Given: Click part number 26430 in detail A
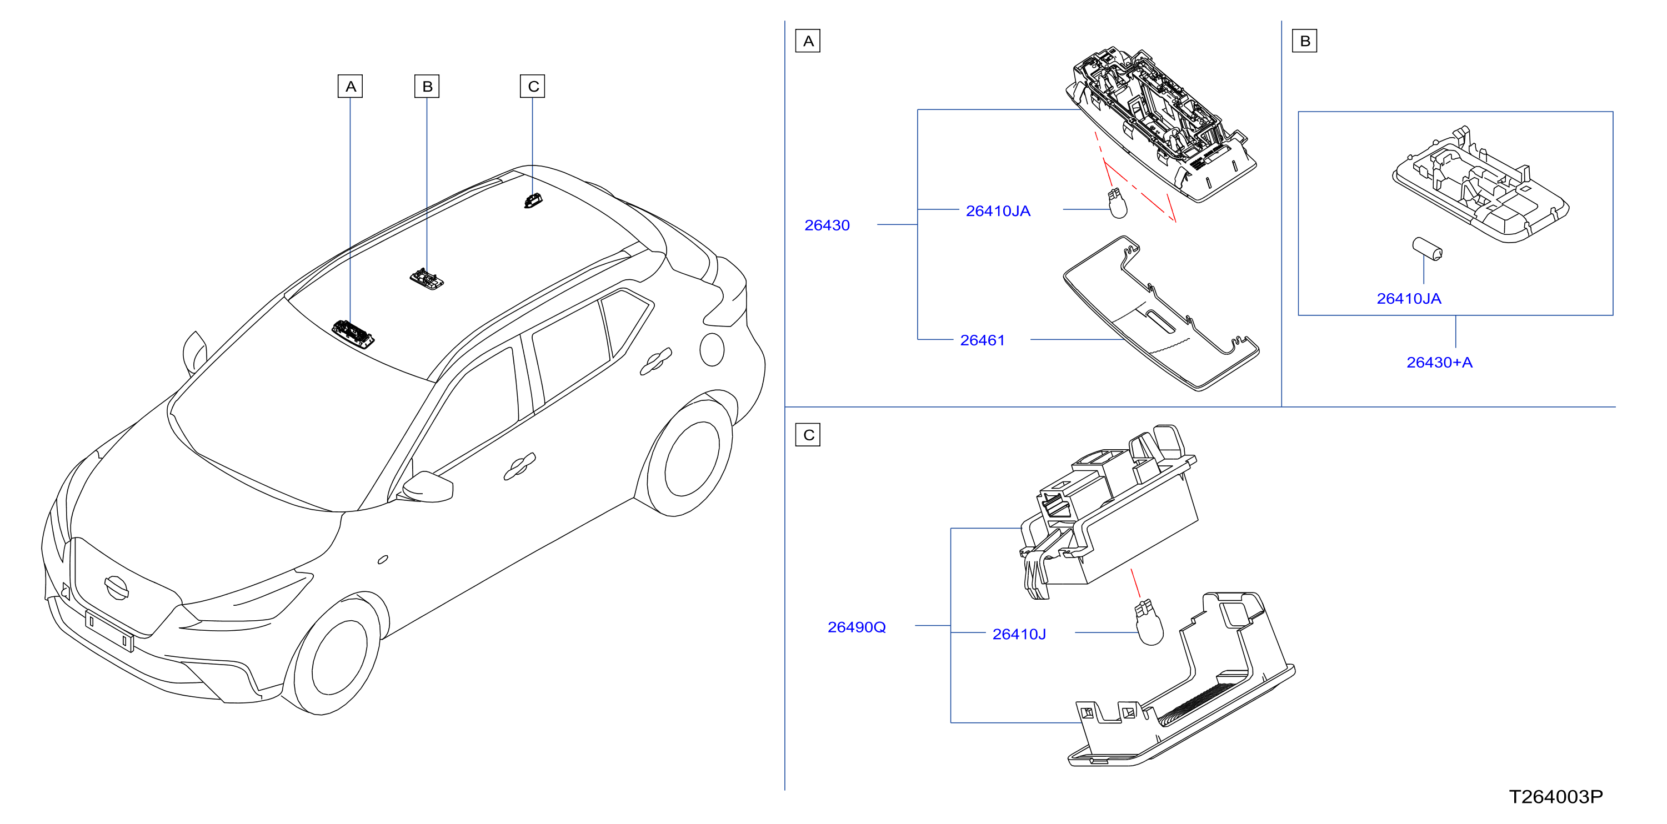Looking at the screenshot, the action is click(x=827, y=225).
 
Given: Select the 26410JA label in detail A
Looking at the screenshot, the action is click(x=998, y=211).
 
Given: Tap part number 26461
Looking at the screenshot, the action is click(x=982, y=340).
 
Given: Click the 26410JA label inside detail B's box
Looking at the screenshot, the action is click(x=1409, y=299).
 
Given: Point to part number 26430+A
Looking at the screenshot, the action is click(x=1439, y=362).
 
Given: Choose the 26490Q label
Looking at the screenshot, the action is click(x=857, y=627).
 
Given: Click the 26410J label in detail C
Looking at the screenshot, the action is click(x=1019, y=635).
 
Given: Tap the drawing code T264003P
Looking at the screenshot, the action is click(x=1556, y=797).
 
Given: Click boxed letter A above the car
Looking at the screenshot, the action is click(x=350, y=86).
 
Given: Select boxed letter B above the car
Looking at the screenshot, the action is click(x=427, y=86).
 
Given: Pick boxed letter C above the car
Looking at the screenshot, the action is click(x=533, y=86).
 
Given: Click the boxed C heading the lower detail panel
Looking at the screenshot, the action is click(x=808, y=435).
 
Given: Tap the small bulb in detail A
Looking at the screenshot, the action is click(x=1118, y=203).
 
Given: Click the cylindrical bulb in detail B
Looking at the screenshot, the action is click(x=1427, y=249).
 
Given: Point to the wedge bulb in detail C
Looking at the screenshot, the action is click(x=1148, y=622).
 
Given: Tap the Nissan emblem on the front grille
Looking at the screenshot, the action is click(x=117, y=587).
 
